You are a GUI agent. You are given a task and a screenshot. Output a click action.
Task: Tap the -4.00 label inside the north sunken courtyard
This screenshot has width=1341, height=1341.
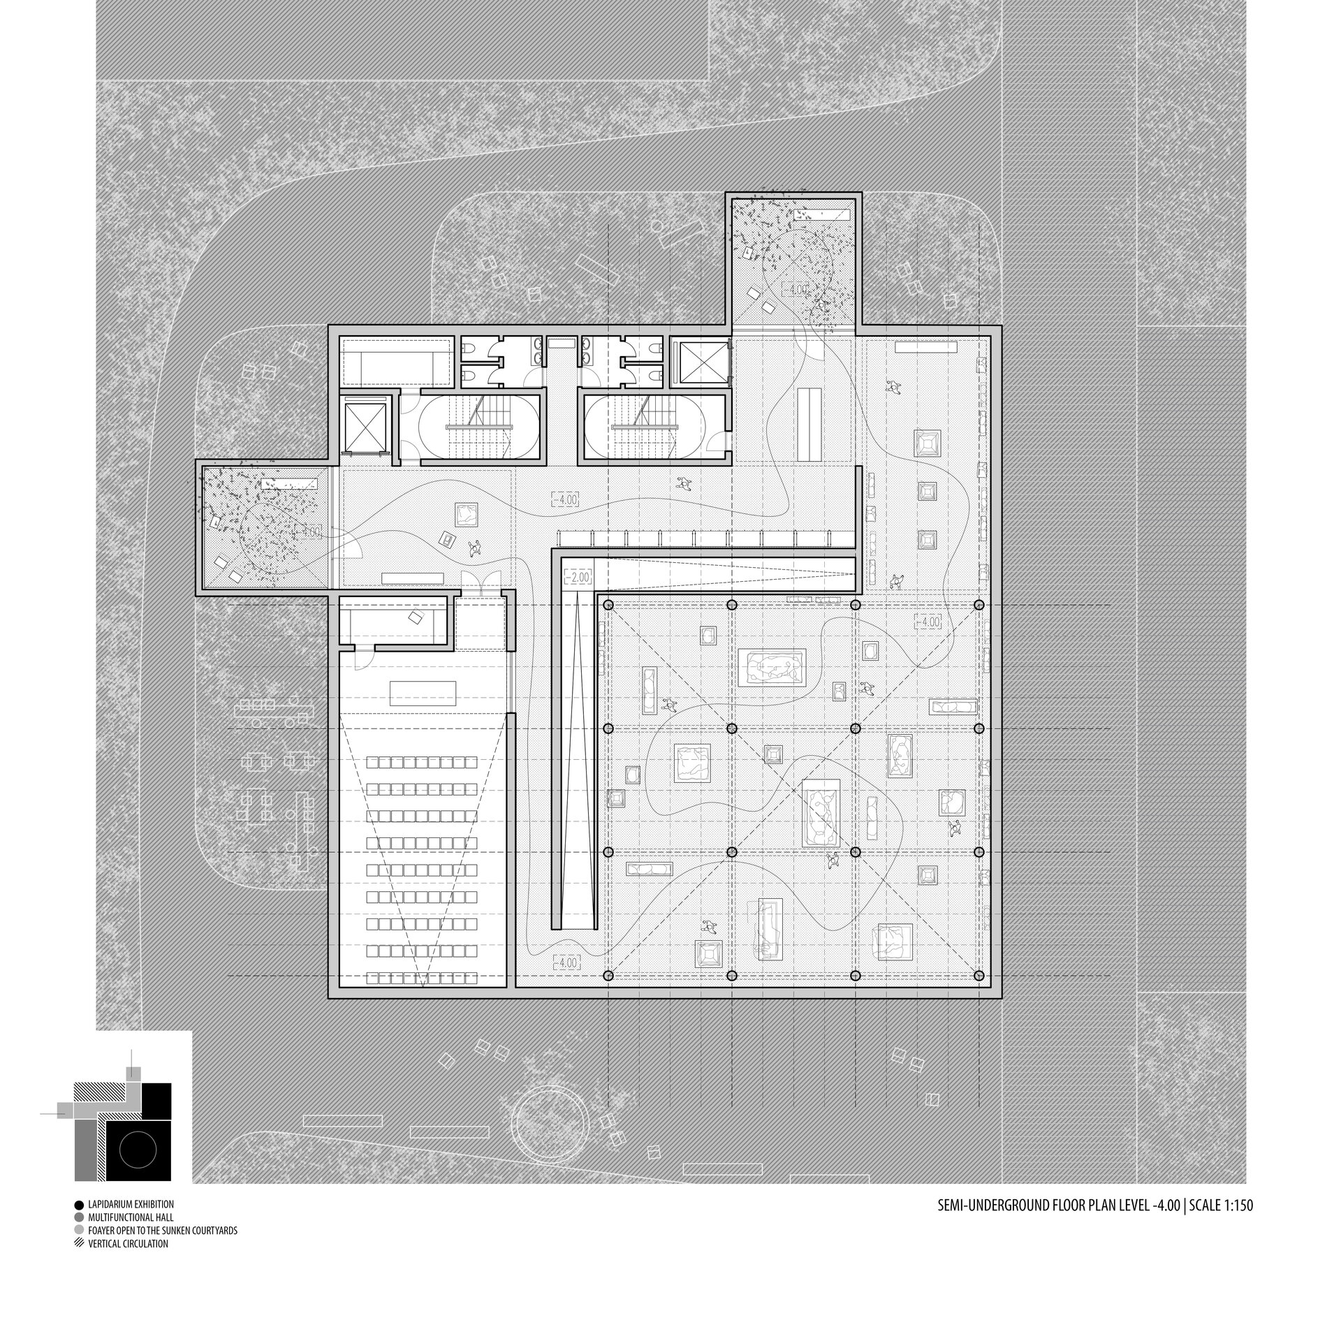point(793,288)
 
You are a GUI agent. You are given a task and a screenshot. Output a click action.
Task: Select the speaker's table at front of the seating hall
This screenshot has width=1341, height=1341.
point(423,692)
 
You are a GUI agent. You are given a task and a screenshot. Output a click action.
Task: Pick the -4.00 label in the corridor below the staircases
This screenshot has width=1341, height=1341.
point(566,499)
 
